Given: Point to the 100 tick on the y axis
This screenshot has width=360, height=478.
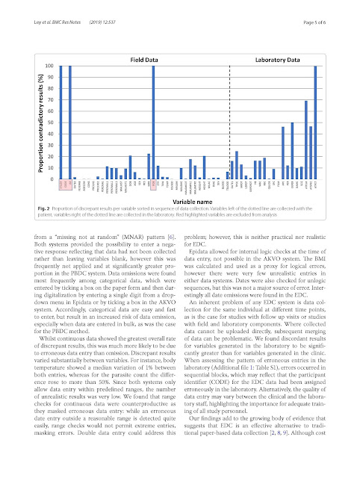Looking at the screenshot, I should [x=49, y=66].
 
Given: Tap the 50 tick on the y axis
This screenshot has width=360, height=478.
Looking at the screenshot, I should [x=49, y=122].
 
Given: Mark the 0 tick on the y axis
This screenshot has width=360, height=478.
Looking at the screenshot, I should [x=51, y=179].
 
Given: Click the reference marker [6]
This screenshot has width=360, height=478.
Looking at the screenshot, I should [x=169, y=235].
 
